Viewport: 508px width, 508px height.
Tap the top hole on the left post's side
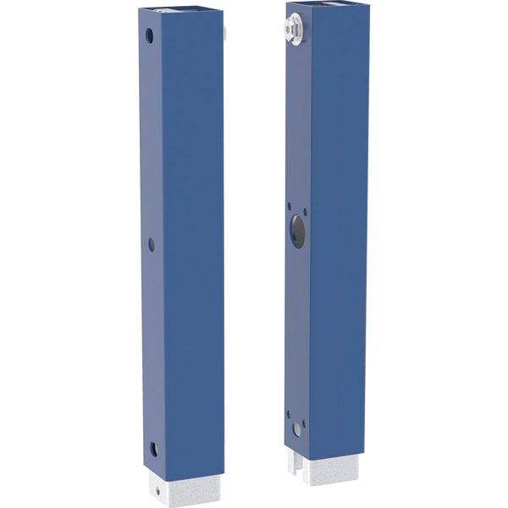pos(150,36)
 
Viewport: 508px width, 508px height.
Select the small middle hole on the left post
pos(152,244)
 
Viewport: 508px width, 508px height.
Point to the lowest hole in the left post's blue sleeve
pos(154,449)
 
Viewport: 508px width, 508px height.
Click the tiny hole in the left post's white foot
pos(157,489)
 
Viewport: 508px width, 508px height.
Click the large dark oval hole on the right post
pos(297,229)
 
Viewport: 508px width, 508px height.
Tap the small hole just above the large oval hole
pos(290,205)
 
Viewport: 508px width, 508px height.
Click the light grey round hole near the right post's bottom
pos(296,429)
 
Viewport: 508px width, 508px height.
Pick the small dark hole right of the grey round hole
pos(304,423)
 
